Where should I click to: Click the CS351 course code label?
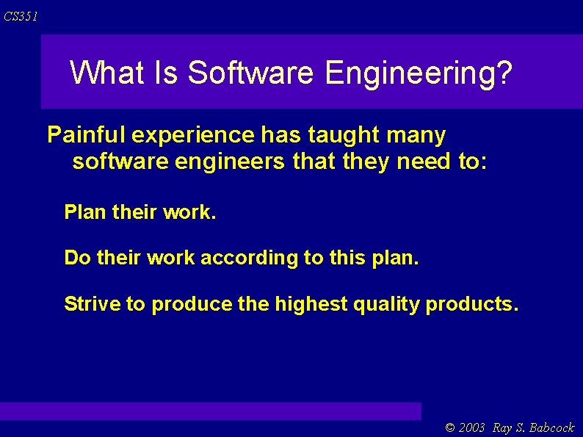point(21,16)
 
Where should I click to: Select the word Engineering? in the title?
point(419,73)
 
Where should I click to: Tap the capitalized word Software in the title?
point(252,73)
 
